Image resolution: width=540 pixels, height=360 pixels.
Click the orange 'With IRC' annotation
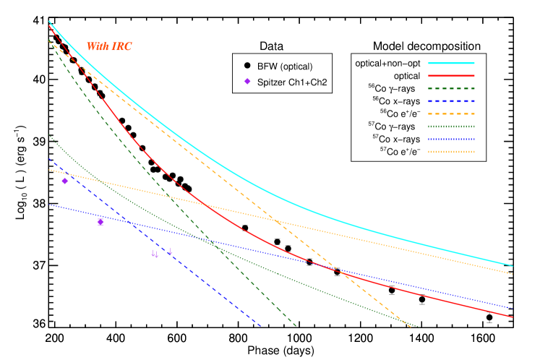109,47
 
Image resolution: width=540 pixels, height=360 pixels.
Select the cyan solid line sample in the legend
451,63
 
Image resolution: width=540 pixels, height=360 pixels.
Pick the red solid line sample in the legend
451,76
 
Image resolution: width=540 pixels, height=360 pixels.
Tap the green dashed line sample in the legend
451,88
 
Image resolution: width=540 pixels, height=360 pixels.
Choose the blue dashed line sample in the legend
451,101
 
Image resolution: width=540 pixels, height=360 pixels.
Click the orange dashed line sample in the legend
451,113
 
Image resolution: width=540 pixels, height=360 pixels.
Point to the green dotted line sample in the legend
451,127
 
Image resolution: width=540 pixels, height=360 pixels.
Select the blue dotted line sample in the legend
451,139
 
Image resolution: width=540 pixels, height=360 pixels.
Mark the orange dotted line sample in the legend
451,152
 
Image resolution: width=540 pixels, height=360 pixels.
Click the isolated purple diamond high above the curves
247,82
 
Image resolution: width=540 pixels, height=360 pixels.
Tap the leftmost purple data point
64,181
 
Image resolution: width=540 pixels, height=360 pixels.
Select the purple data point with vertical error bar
100,222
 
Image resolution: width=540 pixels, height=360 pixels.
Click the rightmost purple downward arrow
170,252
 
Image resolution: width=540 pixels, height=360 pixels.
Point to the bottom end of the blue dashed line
261,327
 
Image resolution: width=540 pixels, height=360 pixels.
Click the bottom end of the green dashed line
296,327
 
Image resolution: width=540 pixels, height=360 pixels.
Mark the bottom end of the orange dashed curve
411,327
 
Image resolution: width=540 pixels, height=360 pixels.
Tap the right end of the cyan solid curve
513,265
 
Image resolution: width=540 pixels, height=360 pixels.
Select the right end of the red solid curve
513,317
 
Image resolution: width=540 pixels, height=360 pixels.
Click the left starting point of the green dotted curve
49,134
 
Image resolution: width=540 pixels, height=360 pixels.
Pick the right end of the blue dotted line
513,308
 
